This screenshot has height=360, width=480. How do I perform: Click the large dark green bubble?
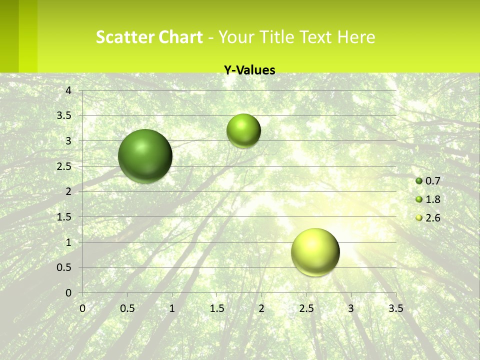(145, 156)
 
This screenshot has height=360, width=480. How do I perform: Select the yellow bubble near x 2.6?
(315, 252)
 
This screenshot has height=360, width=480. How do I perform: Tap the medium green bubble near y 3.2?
(243, 131)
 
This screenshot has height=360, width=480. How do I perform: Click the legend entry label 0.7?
(432, 181)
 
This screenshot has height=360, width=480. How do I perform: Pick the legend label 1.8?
(432, 199)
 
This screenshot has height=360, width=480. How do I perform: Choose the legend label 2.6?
(432, 218)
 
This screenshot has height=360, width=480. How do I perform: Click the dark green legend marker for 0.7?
(419, 181)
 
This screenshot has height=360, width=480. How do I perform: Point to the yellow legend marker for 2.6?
(419, 218)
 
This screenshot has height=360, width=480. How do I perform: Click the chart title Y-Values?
(249, 70)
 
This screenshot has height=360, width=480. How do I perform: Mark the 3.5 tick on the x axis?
(395, 308)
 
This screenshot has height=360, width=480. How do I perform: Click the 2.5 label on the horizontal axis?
(306, 308)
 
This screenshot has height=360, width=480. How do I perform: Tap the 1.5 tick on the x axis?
(217, 308)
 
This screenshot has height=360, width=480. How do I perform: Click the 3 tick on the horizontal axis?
(351, 308)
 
